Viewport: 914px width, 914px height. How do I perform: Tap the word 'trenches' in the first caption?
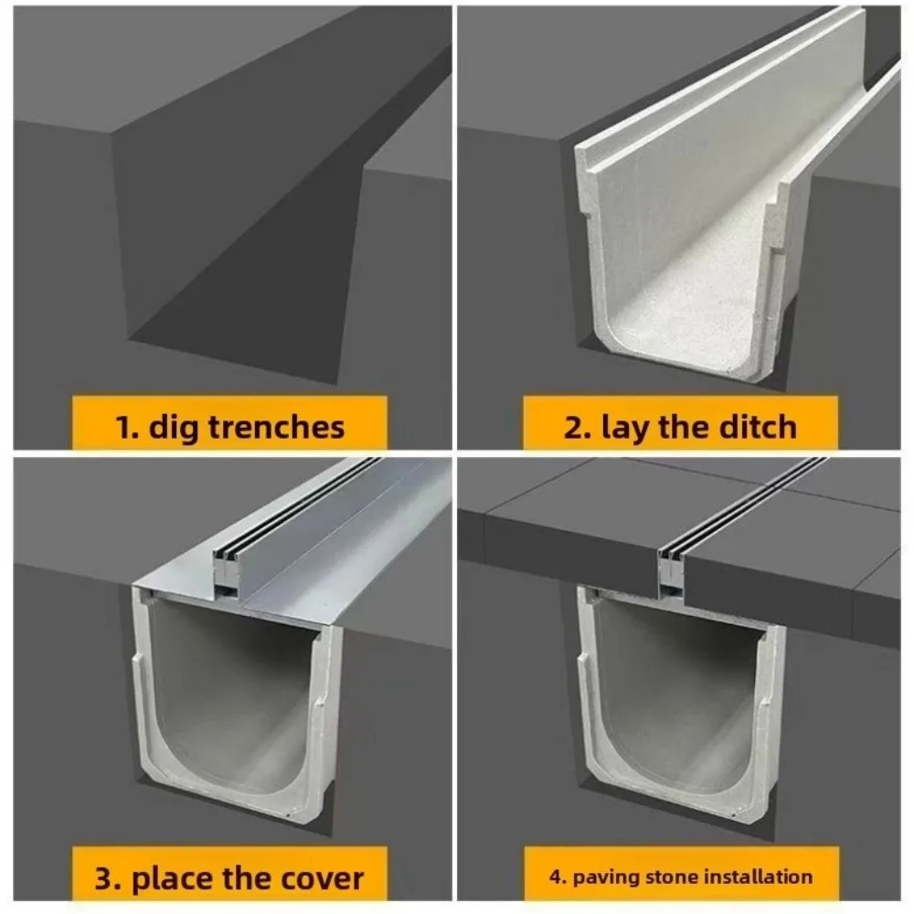[x=276, y=426]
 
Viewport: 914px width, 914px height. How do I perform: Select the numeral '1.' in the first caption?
[x=128, y=427]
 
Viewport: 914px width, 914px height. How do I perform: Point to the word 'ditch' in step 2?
[x=757, y=426]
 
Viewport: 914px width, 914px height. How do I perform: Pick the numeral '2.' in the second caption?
[x=578, y=427]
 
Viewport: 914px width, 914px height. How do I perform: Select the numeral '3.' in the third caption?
[x=108, y=879]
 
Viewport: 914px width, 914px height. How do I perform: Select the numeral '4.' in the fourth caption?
[x=558, y=877]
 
